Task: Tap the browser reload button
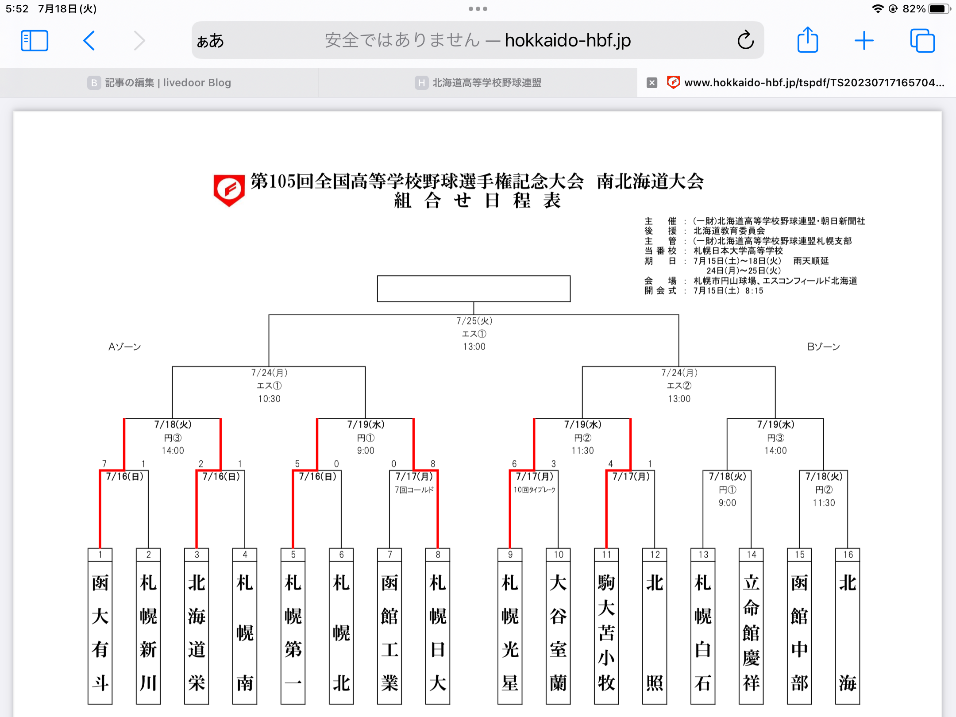pyautogui.click(x=745, y=40)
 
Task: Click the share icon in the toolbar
pyautogui.click(x=807, y=40)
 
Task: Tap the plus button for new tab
pyautogui.click(x=863, y=41)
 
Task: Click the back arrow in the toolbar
pyautogui.click(x=89, y=41)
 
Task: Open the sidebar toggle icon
pyautogui.click(x=35, y=41)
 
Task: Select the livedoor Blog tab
pyautogui.click(x=159, y=83)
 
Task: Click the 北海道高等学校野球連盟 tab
pyautogui.click(x=478, y=83)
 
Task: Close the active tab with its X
pyautogui.click(x=651, y=83)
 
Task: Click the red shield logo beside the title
pyautogui.click(x=229, y=190)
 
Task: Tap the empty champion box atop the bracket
pyautogui.click(x=474, y=289)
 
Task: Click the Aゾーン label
pyautogui.click(x=125, y=347)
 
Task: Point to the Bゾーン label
pyautogui.click(x=823, y=347)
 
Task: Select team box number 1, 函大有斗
pyautogui.click(x=100, y=628)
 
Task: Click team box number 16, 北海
pyautogui.click(x=848, y=628)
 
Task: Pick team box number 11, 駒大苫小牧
pyautogui.click(x=606, y=628)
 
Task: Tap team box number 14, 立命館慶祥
pyautogui.click(x=751, y=628)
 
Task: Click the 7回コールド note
pyautogui.click(x=414, y=490)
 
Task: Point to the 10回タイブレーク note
pyautogui.click(x=535, y=490)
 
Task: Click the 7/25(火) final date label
pyautogui.click(x=474, y=321)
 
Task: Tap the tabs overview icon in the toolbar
pyautogui.click(x=922, y=41)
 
